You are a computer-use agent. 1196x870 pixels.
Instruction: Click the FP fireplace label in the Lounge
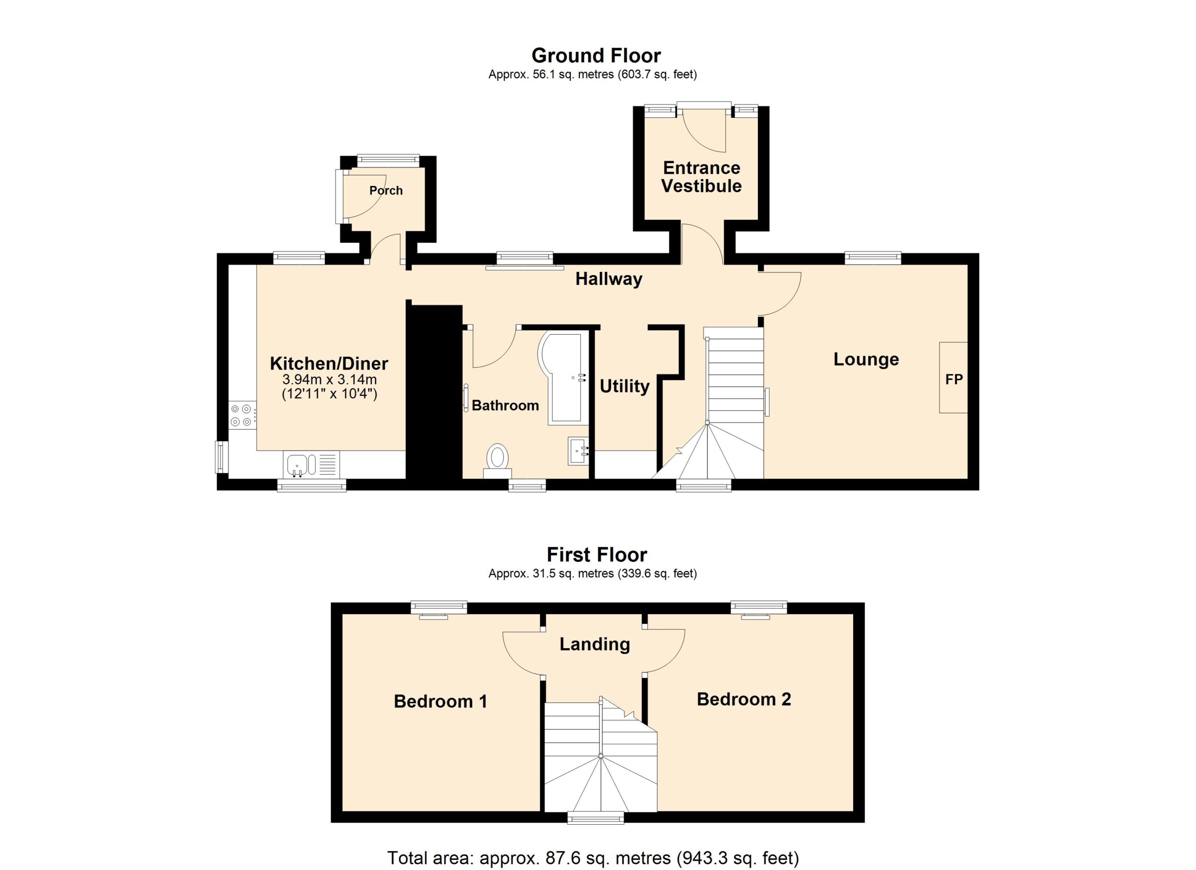954,379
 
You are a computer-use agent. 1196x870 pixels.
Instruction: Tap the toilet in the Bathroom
497,460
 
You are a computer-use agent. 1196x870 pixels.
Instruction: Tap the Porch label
386,190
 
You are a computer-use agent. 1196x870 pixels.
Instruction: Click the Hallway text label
609,279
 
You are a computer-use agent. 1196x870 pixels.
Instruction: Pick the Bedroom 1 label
441,701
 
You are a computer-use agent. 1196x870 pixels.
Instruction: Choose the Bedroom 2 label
744,699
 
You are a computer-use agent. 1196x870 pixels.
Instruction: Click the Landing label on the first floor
595,644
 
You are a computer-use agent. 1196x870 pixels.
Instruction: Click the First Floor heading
597,555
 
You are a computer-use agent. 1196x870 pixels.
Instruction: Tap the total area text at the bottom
593,858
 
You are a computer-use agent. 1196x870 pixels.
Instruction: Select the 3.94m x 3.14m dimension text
329,379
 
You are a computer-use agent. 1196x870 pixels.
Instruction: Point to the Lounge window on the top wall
873,258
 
